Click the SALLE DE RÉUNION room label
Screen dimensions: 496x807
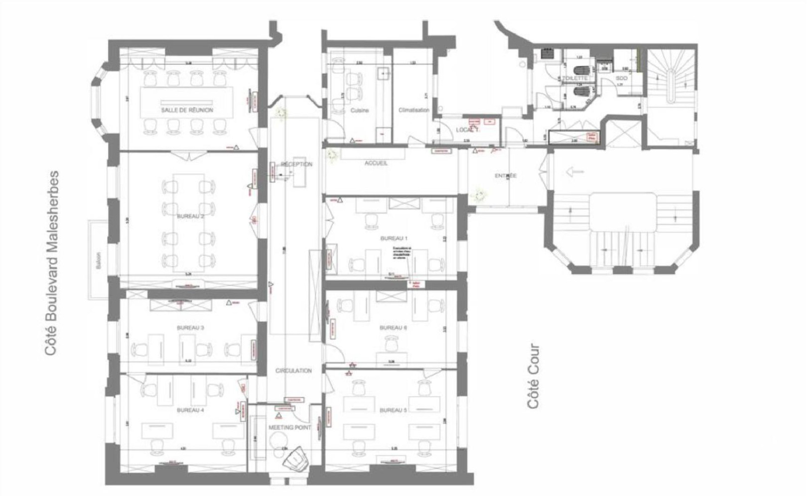[x=187, y=110]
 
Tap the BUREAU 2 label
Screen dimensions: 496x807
[x=191, y=217]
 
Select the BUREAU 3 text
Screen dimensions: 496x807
[x=190, y=328]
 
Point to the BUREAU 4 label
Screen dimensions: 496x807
[x=190, y=410]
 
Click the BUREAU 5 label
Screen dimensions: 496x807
[x=394, y=410]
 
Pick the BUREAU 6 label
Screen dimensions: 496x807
[x=394, y=328]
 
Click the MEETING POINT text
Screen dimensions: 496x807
[x=289, y=428]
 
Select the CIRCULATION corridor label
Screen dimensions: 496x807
[x=293, y=371]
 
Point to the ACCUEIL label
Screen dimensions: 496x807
[x=376, y=163]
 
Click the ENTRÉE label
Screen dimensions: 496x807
[x=506, y=176]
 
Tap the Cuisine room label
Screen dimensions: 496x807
[x=359, y=111]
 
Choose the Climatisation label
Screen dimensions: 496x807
[x=414, y=111]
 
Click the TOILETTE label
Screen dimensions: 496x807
[x=575, y=78]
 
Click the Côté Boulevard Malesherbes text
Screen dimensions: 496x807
[x=52, y=264]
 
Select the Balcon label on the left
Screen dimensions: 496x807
[x=99, y=260]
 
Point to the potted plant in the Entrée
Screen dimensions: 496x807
[x=480, y=194]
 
